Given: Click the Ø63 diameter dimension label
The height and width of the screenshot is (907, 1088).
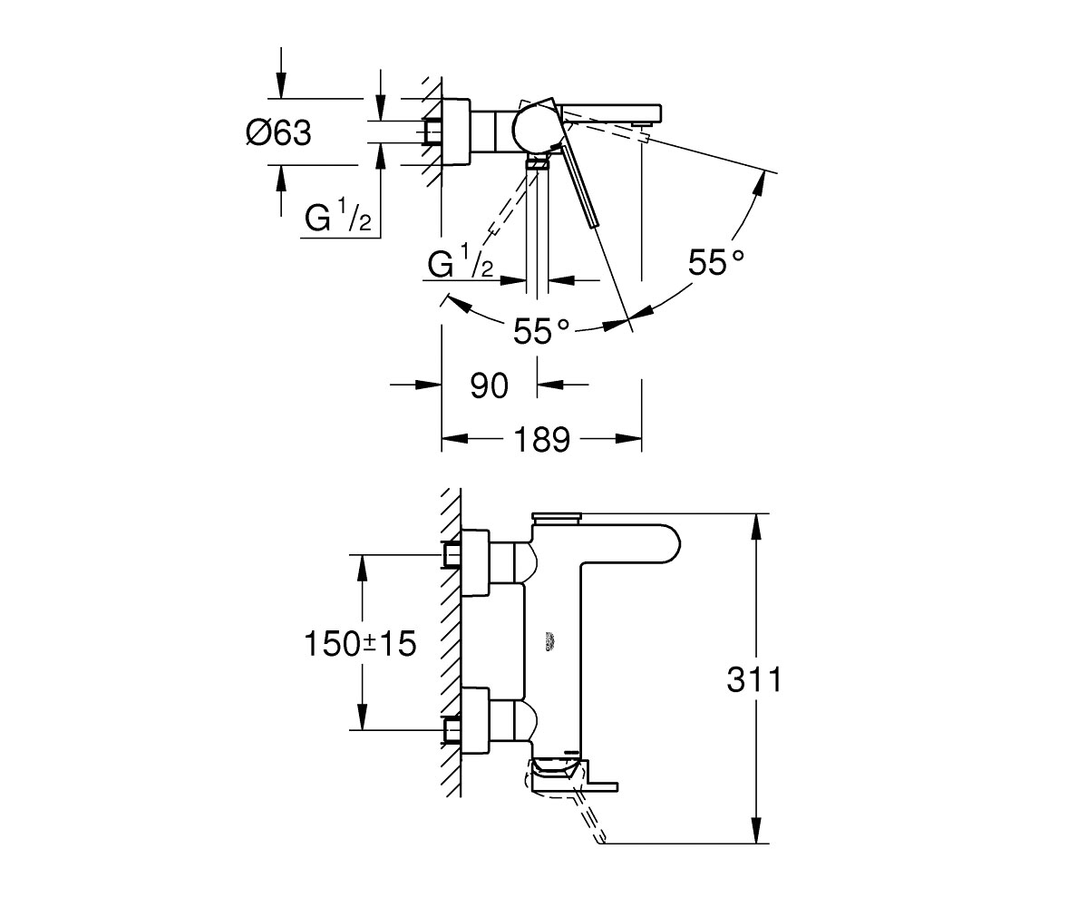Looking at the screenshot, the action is (x=278, y=132).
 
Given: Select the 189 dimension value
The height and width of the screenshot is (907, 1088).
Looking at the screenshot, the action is (x=542, y=439).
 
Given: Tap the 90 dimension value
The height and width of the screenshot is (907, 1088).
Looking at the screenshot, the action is (x=489, y=385).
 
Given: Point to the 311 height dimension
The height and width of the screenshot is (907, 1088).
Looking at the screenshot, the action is (x=754, y=679).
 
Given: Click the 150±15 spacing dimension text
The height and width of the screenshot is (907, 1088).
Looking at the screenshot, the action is (x=360, y=644).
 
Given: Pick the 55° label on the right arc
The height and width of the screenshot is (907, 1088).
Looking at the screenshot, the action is (x=716, y=262).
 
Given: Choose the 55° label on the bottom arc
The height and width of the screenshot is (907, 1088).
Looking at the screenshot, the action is (x=541, y=330).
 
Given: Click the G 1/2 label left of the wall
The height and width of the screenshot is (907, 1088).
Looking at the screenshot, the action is (x=338, y=217).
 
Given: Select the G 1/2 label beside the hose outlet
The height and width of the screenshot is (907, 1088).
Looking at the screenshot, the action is (x=461, y=261).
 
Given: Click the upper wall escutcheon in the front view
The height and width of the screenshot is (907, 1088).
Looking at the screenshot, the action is (x=475, y=563).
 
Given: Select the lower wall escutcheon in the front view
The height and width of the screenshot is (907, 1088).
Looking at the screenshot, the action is (x=475, y=721).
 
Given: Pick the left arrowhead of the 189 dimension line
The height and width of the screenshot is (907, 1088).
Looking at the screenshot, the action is (x=455, y=438).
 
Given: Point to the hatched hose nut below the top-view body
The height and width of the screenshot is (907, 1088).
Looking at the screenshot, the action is (x=538, y=165).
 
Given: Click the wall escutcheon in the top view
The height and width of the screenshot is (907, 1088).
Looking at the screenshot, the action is (x=456, y=132).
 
